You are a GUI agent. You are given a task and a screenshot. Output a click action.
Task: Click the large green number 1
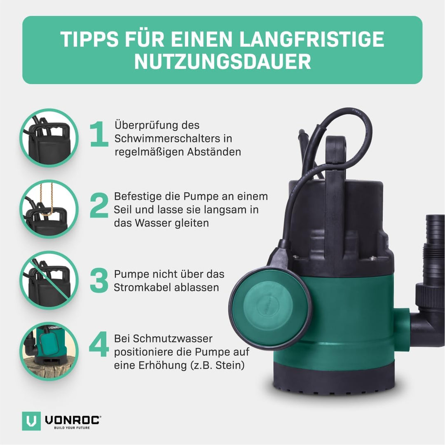99,134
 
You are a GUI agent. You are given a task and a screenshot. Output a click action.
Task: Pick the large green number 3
99,281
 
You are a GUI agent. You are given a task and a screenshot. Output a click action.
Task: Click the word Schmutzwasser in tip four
164,339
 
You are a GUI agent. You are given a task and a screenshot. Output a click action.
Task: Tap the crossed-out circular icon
49,280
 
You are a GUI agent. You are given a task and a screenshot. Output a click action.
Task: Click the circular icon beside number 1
49,138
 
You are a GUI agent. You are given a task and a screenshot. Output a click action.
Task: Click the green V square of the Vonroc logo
31,421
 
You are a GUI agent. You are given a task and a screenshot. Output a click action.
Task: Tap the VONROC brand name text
72,419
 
